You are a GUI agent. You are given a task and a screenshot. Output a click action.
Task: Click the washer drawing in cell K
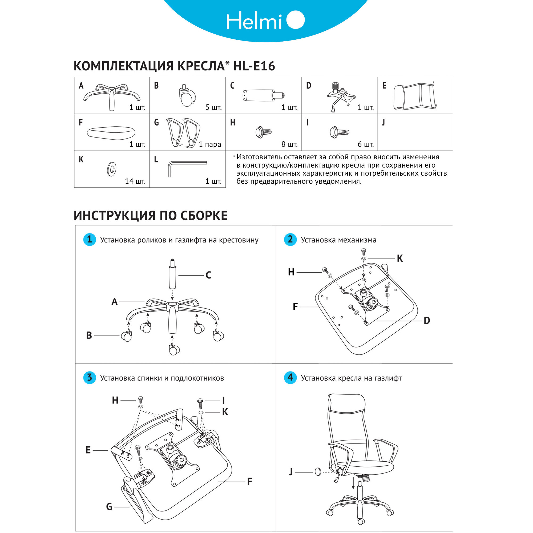(x=111, y=169)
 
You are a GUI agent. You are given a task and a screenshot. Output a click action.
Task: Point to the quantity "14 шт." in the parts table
(x=135, y=181)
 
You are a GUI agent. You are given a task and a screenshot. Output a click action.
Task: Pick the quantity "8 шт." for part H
(x=289, y=144)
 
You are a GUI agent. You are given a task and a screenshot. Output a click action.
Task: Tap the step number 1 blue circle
(x=89, y=240)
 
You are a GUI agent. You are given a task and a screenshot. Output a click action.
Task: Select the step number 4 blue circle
(x=290, y=377)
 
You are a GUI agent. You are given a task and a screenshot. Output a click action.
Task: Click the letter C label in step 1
(x=208, y=275)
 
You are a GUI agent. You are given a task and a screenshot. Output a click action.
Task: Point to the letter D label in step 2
(x=426, y=321)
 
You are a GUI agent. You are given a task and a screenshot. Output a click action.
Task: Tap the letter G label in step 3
(x=109, y=507)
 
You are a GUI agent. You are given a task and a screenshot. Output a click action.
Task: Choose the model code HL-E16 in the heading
(x=254, y=66)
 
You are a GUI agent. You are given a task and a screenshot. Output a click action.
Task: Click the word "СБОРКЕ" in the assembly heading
(x=204, y=216)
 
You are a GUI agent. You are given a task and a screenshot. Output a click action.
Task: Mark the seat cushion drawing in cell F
(x=111, y=132)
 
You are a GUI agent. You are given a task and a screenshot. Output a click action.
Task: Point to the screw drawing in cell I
(x=339, y=132)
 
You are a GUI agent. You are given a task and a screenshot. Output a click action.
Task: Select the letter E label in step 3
(x=88, y=450)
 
